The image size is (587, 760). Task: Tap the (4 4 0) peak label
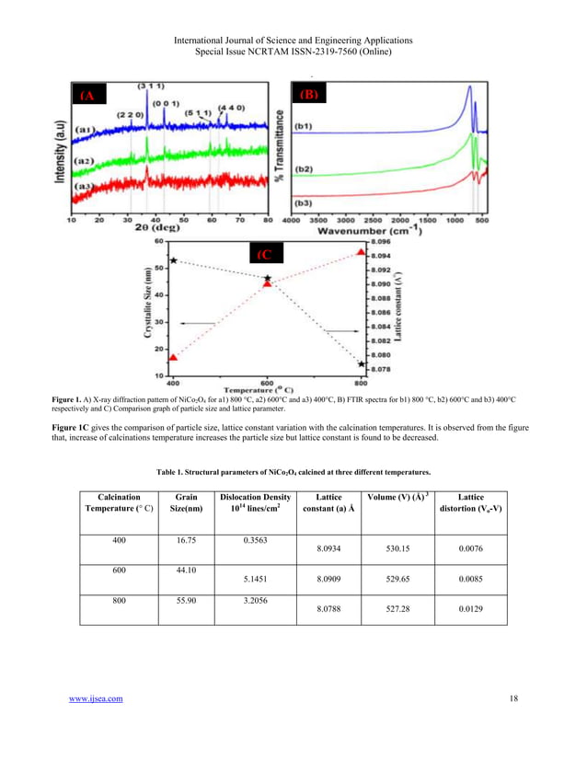230,108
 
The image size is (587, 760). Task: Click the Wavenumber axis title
371,233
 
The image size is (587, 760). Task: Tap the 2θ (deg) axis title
159,233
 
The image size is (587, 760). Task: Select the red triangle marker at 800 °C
361,251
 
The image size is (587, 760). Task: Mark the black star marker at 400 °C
173,262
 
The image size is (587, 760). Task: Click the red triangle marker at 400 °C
173,357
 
